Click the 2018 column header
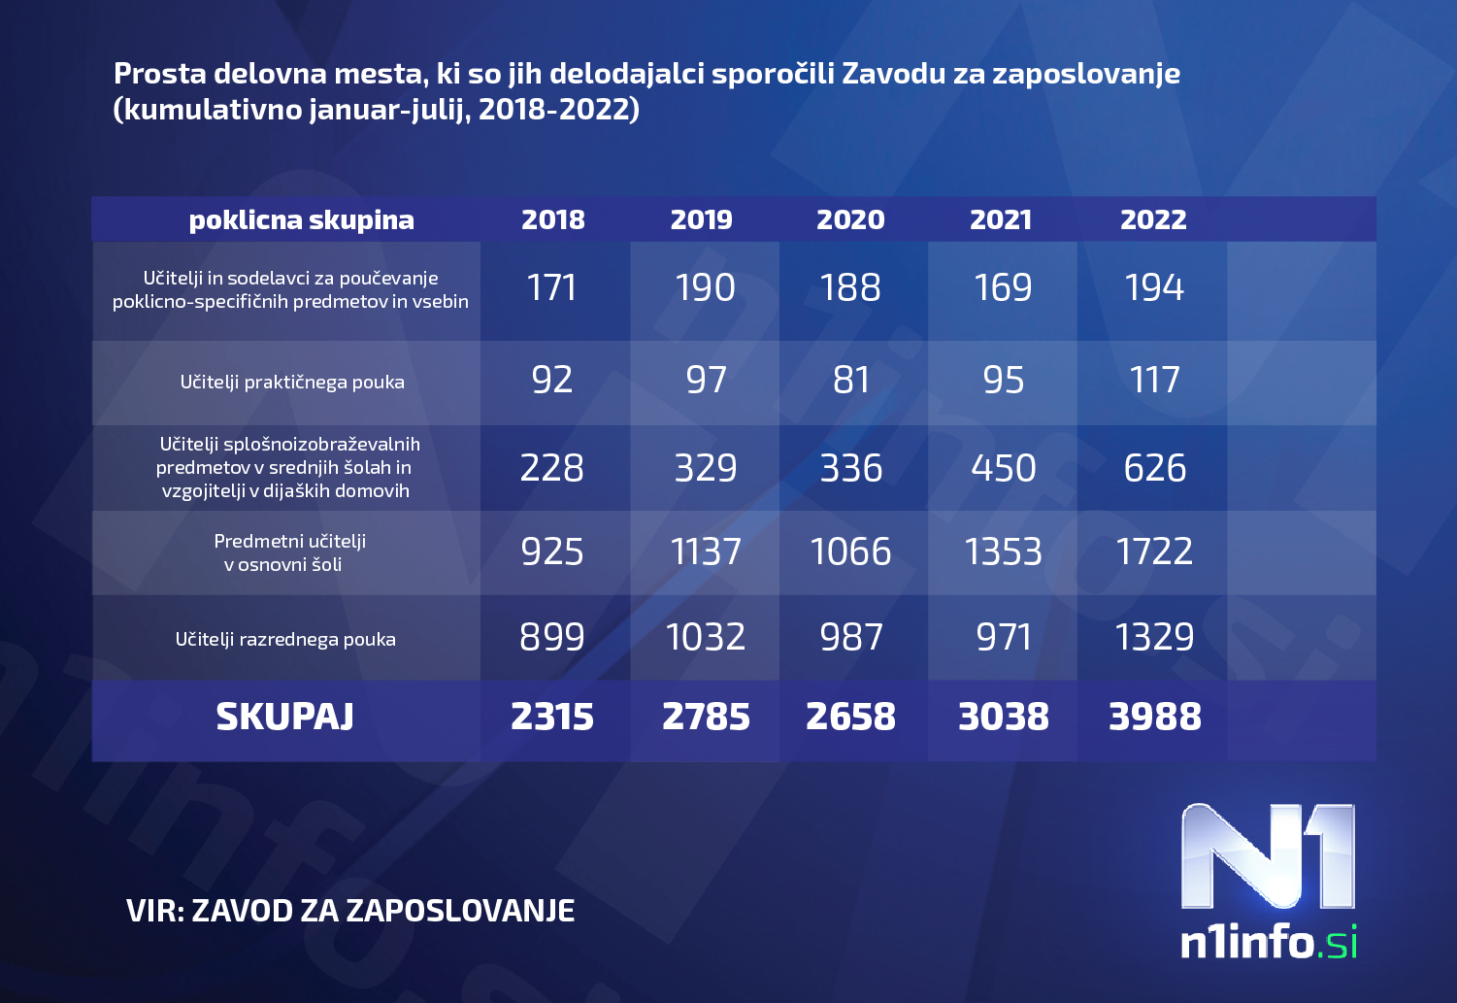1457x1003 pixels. click(x=552, y=219)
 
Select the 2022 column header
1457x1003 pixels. click(x=1153, y=219)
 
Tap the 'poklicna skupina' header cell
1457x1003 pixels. click(x=301, y=220)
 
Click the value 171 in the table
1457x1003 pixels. click(x=552, y=287)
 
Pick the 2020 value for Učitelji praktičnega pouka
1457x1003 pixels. click(x=851, y=380)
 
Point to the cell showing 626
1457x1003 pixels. click(x=1154, y=468)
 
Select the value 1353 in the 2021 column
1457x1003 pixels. click(x=1003, y=552)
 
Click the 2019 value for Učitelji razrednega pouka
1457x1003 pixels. click(x=706, y=637)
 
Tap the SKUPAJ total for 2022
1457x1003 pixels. click(x=1154, y=717)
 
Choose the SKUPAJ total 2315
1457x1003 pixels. click(x=552, y=717)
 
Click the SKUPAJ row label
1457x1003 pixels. click(x=284, y=717)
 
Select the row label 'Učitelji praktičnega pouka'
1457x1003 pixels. click(x=292, y=382)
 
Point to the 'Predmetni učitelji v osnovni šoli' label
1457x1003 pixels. click(x=289, y=552)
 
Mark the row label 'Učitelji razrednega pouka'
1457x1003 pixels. click(x=285, y=639)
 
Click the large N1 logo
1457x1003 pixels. click(x=1267, y=856)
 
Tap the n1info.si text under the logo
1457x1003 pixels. click(x=1268, y=942)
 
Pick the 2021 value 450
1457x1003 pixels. click(x=1003, y=468)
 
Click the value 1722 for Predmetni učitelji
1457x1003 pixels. click(x=1154, y=552)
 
